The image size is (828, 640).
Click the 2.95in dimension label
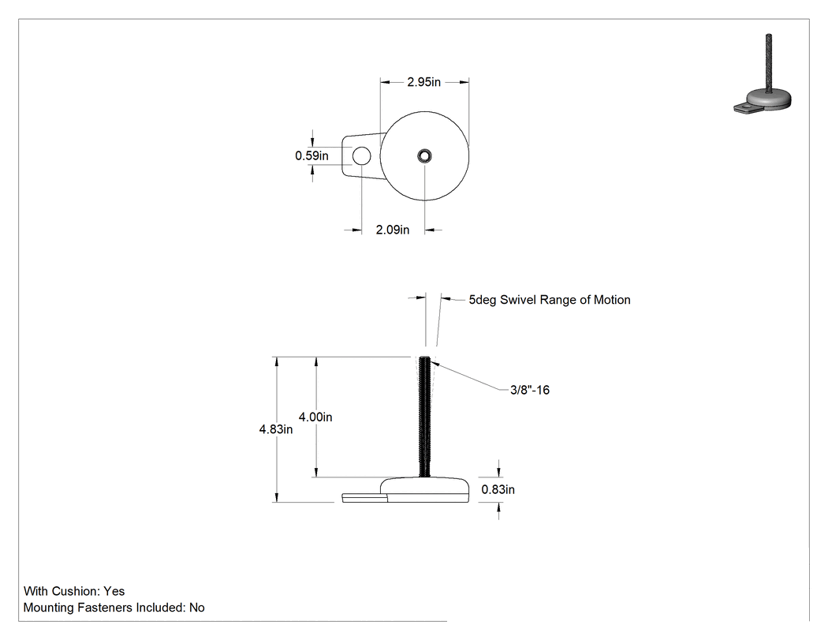click(x=423, y=82)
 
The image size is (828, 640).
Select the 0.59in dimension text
click(x=311, y=155)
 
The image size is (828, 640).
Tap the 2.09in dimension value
click(x=393, y=230)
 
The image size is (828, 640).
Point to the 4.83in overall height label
click(x=276, y=429)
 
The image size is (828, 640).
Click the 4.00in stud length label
click(x=315, y=417)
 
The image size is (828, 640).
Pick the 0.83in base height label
click(x=498, y=489)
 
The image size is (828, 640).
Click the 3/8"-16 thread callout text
click(x=530, y=390)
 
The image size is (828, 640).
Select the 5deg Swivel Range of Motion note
click(x=550, y=300)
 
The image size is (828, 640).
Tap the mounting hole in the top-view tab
click(x=361, y=156)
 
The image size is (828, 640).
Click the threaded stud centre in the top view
click(x=424, y=156)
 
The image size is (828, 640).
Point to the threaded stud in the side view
click(x=424, y=417)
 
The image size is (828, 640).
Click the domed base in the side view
click(x=424, y=490)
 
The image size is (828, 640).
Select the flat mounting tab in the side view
click(x=364, y=498)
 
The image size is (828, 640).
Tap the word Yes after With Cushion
click(x=114, y=591)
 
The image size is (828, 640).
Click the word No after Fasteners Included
click(x=197, y=607)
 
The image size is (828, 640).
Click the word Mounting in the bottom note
click(x=49, y=608)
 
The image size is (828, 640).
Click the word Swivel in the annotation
click(x=517, y=300)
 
